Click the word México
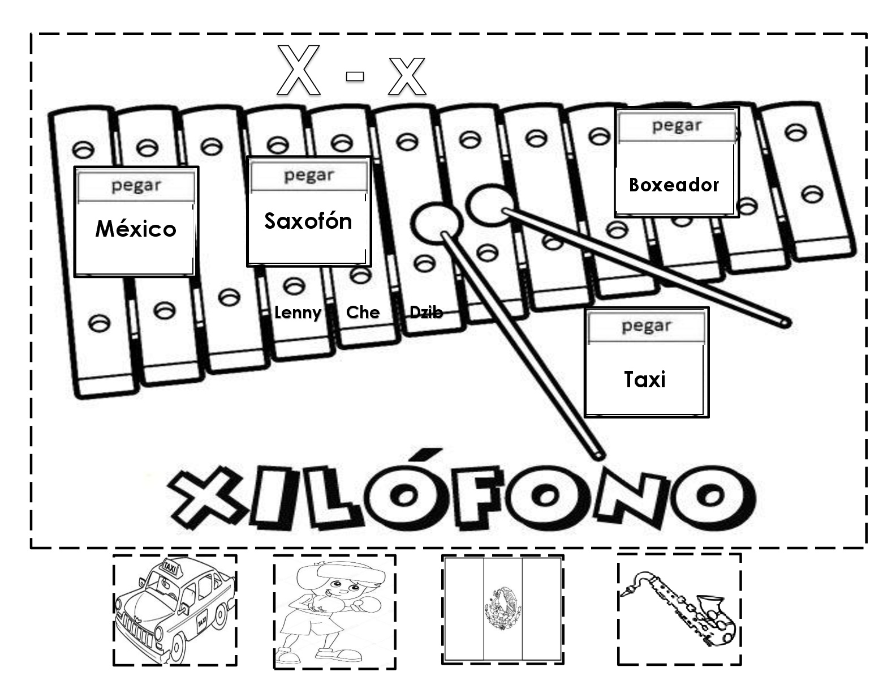point(136,229)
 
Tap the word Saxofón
point(308,221)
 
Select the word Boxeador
point(674,185)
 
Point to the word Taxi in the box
point(644,379)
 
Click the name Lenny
point(298,313)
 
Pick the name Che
point(363,313)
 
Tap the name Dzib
point(426,313)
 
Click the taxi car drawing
point(175,610)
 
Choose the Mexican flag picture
point(503,610)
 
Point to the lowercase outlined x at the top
point(407,76)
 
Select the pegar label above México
point(136,186)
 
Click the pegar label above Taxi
point(647,326)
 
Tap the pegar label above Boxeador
point(677,126)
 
